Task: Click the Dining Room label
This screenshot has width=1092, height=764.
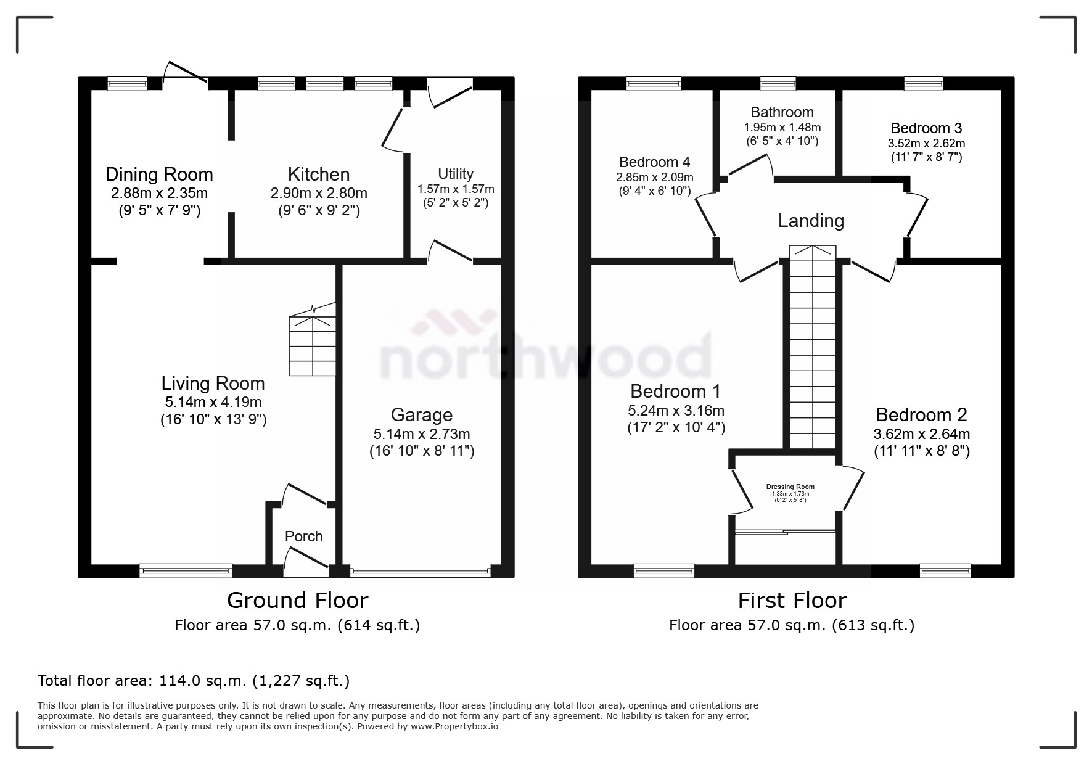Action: tap(159, 175)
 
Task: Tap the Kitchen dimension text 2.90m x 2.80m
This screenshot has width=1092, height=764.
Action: tap(319, 193)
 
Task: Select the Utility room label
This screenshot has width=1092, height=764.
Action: tap(456, 174)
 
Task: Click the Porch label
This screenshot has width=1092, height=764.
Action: tap(303, 536)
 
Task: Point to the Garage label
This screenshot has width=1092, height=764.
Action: tap(421, 415)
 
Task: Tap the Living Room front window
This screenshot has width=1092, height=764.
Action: tap(186, 571)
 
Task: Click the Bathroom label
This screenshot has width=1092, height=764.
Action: tap(782, 112)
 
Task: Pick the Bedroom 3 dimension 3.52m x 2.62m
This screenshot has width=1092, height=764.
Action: tap(926, 144)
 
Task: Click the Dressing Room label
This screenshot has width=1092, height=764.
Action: tap(790, 487)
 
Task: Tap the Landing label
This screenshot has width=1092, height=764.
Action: tap(811, 221)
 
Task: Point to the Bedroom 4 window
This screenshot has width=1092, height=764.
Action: tap(654, 84)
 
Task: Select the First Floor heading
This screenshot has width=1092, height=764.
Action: tap(792, 600)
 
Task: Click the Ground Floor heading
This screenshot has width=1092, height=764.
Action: tap(297, 600)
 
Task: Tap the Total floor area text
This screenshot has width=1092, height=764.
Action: tap(194, 681)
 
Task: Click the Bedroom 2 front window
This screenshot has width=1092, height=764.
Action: tap(945, 571)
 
